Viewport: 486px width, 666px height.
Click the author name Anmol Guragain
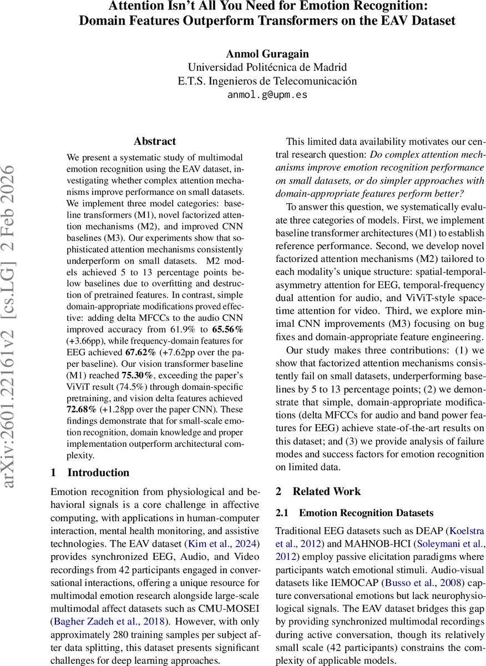pyautogui.click(x=267, y=54)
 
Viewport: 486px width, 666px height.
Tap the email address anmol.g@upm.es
pyautogui.click(x=267, y=94)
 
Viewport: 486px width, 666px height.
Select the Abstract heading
pyautogui.click(x=155, y=142)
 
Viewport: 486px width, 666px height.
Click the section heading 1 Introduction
pyautogui.click(x=90, y=473)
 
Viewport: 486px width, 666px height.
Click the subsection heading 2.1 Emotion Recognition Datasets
pyautogui.click(x=355, y=513)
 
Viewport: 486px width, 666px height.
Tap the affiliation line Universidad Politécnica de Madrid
pyautogui.click(x=267, y=67)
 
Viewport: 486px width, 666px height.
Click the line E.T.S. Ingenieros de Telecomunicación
pyautogui.click(x=267, y=81)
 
